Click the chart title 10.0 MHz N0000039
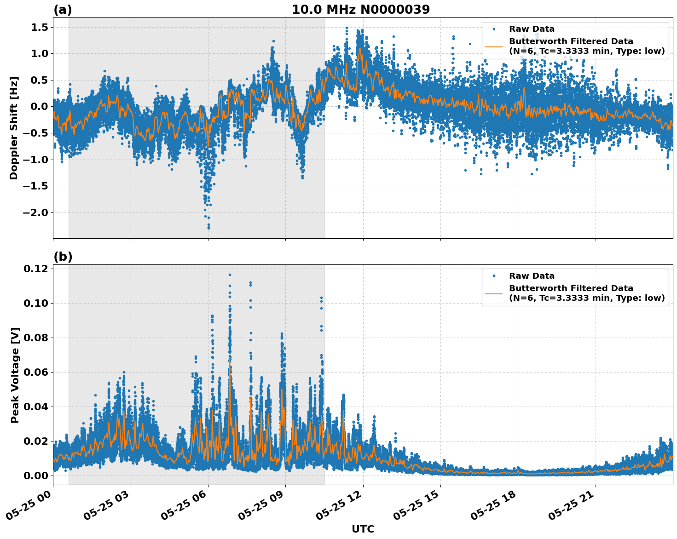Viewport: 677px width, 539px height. [x=361, y=10]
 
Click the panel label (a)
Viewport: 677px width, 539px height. [x=63, y=10]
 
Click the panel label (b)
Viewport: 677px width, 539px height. [x=63, y=257]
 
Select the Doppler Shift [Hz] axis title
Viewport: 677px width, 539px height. [x=14, y=128]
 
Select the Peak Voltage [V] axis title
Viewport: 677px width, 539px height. [x=15, y=375]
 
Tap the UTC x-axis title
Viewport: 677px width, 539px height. [x=363, y=529]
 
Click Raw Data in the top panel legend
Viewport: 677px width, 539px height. [x=532, y=29]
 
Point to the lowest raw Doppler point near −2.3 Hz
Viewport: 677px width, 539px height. [x=208, y=228]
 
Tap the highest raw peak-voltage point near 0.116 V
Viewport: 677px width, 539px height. [x=230, y=275]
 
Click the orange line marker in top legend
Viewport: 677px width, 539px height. [x=494, y=46]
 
